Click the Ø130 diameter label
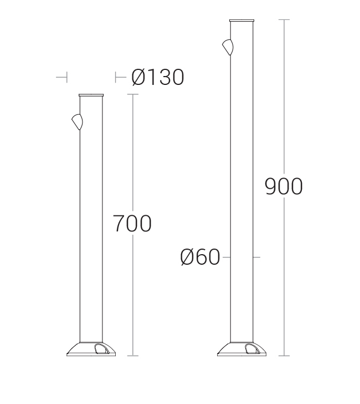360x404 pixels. pyautogui.click(x=158, y=77)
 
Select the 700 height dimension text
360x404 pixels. pyautogui.click(x=132, y=224)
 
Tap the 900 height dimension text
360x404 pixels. pyautogui.click(x=284, y=186)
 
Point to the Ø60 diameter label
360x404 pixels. pyautogui.click(x=200, y=257)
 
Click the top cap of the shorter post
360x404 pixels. pyautogui.click(x=91, y=95)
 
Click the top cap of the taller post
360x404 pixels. pyautogui.click(x=241, y=21)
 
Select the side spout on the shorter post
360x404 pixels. pyautogui.click(x=78, y=122)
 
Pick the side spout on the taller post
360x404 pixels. pyautogui.click(x=228, y=47)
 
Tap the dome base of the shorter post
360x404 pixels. pyautogui.click(x=91, y=349)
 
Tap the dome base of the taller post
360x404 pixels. pyautogui.click(x=241, y=349)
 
